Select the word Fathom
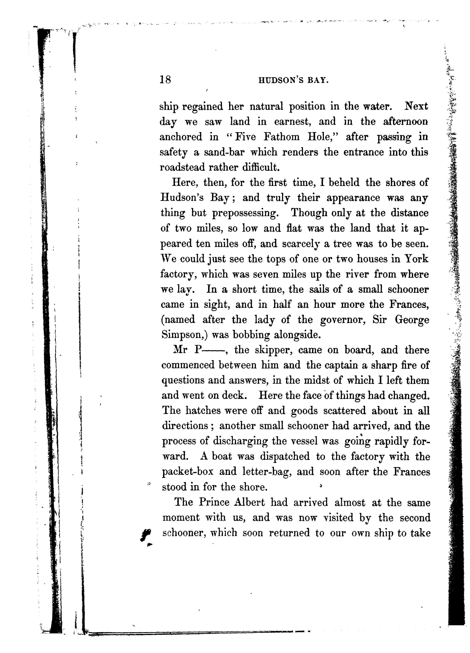[282, 137]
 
